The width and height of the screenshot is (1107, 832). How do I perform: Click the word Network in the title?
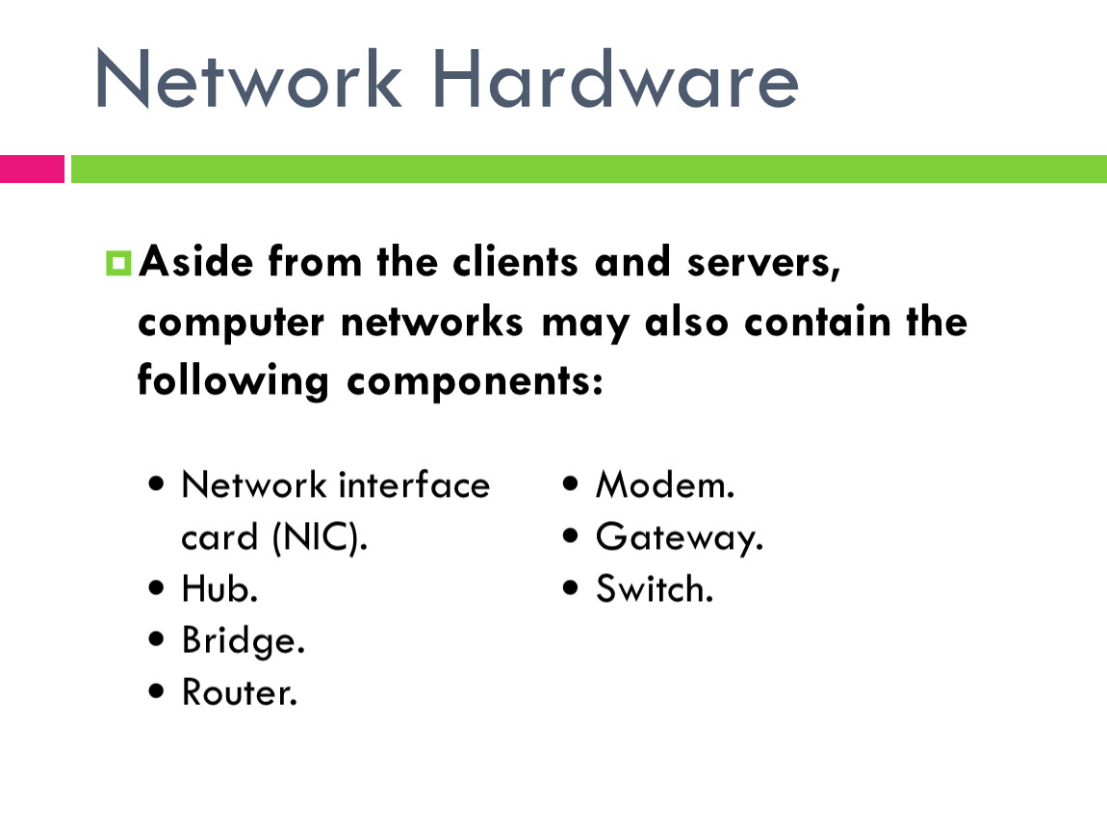click(x=248, y=78)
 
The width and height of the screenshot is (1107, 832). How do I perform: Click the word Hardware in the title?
click(x=615, y=78)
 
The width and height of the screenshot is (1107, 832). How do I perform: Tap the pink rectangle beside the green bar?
click(x=32, y=169)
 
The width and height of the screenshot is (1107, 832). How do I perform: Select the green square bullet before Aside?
click(x=118, y=263)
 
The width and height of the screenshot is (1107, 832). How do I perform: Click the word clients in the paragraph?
click(x=515, y=262)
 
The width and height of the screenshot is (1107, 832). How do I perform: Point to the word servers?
click(x=764, y=264)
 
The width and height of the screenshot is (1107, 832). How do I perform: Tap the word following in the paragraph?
click(x=233, y=381)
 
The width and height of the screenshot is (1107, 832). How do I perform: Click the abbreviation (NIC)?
click(x=321, y=537)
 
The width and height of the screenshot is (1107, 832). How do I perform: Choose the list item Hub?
click(x=219, y=588)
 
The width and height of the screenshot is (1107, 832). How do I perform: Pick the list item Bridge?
click(x=244, y=641)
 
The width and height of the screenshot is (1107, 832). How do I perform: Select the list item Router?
click(x=240, y=692)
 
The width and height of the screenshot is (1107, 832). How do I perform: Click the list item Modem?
click(x=665, y=485)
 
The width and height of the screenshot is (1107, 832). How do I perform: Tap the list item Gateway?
click(x=680, y=538)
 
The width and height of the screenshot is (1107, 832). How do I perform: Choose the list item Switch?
click(x=655, y=588)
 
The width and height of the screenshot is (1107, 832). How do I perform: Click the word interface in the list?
click(x=415, y=484)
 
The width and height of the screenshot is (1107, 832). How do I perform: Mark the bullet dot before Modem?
click(x=571, y=483)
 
